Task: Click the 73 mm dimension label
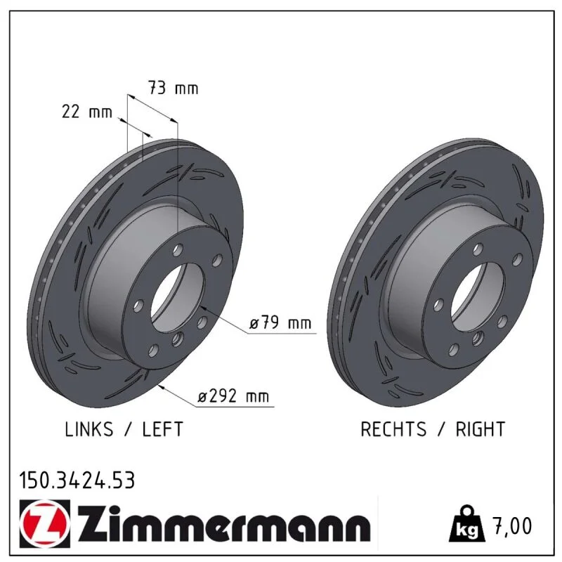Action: (173, 89)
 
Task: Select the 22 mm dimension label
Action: (87, 112)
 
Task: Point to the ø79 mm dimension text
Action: (280, 322)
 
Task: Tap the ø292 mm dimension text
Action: (233, 396)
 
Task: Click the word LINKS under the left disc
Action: (89, 429)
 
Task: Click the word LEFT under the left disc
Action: (163, 429)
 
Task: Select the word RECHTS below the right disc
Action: (393, 429)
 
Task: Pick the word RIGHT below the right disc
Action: (481, 429)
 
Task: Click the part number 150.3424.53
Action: (77, 481)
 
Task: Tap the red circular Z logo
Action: (45, 523)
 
